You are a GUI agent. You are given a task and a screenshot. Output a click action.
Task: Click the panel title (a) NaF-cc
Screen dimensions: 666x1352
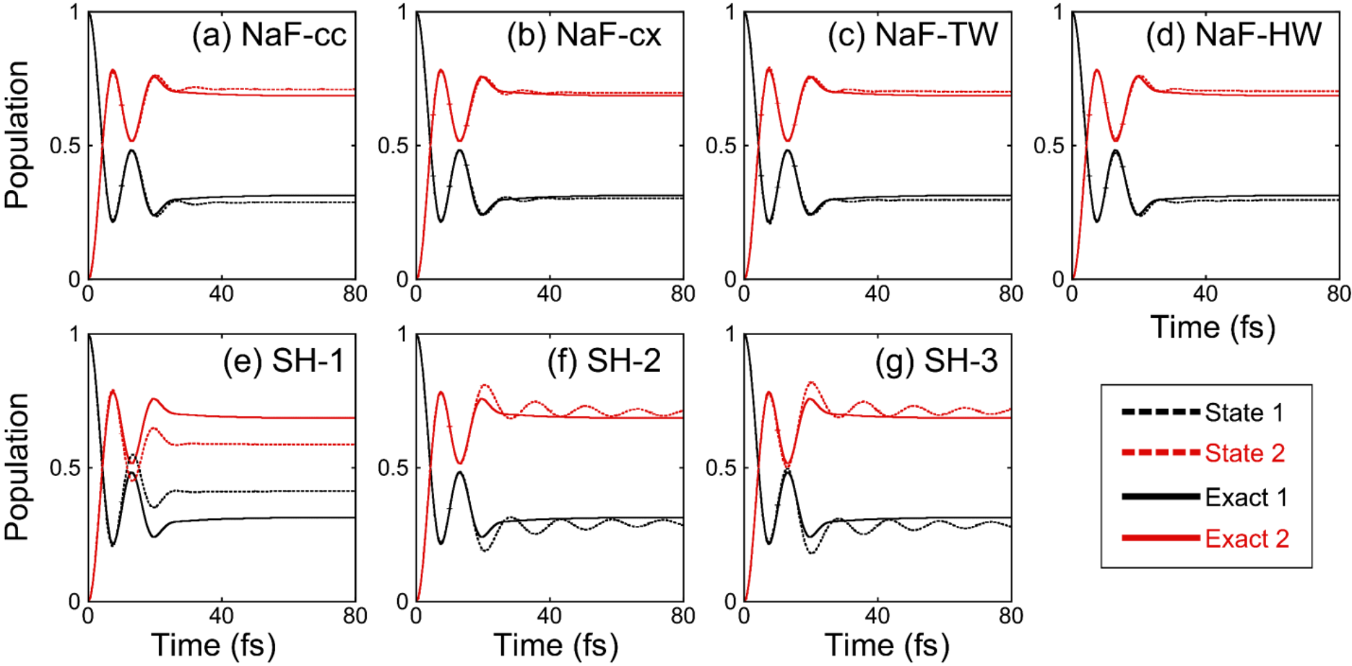[x=269, y=35]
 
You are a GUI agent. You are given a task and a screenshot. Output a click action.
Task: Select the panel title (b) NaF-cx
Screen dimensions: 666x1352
[x=584, y=35]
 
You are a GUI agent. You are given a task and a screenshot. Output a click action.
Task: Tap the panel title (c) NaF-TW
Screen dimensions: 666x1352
[x=912, y=35]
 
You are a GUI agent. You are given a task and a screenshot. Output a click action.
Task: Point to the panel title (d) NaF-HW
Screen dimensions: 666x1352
[x=1233, y=35]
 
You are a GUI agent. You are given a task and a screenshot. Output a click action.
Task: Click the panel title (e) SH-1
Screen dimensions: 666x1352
[x=284, y=361]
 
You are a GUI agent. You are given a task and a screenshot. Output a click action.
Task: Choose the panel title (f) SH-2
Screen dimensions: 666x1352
[x=604, y=361]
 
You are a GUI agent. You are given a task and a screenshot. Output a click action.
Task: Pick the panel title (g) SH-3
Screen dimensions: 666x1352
[x=936, y=361]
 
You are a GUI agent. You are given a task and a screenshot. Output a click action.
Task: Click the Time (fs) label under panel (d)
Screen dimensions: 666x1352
[x=1213, y=327]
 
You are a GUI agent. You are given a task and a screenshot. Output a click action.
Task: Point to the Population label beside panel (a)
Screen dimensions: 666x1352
[x=17, y=135]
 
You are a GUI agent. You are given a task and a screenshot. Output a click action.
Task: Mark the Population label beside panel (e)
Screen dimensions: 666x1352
[x=17, y=466]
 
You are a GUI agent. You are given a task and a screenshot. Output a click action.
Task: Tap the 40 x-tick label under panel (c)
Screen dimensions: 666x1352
[x=877, y=294]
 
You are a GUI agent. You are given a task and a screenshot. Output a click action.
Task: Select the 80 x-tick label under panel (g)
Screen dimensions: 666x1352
[x=1011, y=616]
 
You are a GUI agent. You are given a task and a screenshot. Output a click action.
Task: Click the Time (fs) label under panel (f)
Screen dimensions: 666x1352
[x=555, y=645]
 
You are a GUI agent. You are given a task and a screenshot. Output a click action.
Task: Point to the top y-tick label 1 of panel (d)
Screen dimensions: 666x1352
[x=1058, y=12]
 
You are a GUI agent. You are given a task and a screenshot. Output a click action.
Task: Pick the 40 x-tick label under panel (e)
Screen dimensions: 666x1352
[x=221, y=616]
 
